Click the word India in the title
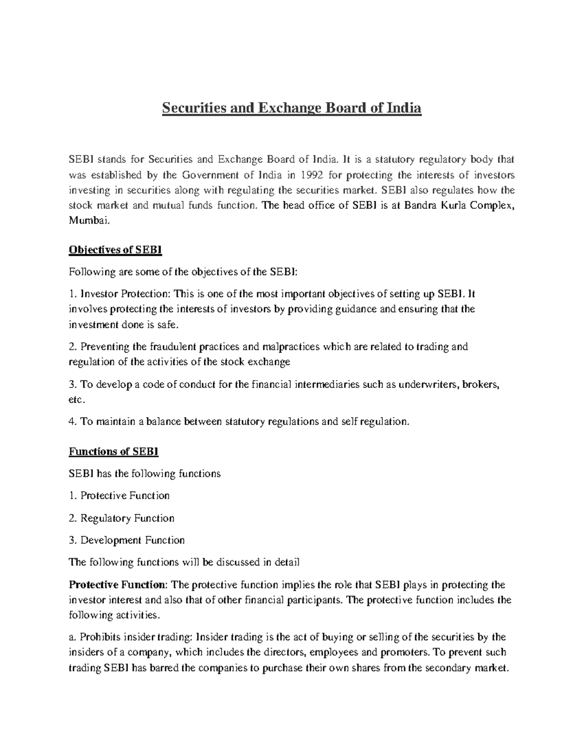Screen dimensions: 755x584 tap(403, 107)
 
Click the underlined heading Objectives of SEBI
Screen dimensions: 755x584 tap(115, 250)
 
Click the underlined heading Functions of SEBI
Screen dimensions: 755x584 tap(114, 451)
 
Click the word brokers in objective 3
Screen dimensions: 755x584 tap(481, 385)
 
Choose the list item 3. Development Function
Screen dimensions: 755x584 tap(127, 540)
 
